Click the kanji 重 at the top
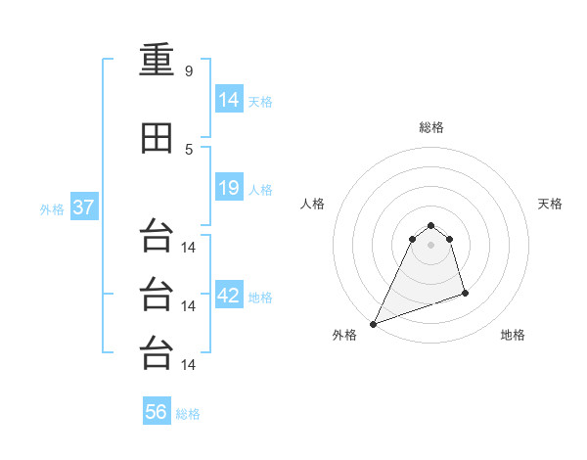pyautogui.click(x=157, y=59)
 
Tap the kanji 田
pyautogui.click(x=157, y=138)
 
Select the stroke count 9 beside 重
pyautogui.click(x=189, y=70)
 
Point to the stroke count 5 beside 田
pyautogui.click(x=189, y=150)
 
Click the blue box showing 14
pyautogui.click(x=229, y=98)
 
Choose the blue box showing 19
pyautogui.click(x=229, y=187)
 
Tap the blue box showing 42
pyautogui.click(x=229, y=294)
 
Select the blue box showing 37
pyautogui.click(x=84, y=207)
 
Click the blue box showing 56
pyautogui.click(x=157, y=410)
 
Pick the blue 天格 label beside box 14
pyautogui.click(x=260, y=102)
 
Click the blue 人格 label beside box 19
pyautogui.click(x=260, y=190)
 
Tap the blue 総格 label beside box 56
pyautogui.click(x=188, y=414)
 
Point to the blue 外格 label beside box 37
pyautogui.click(x=52, y=209)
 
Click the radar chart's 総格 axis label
pyautogui.click(x=431, y=127)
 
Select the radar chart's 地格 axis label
pyautogui.click(x=513, y=335)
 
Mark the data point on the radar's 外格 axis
pyautogui.click(x=374, y=324)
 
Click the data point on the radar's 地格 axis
pyautogui.click(x=465, y=293)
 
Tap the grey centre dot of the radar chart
pyautogui.click(x=430, y=245)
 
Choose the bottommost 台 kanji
pyautogui.click(x=157, y=352)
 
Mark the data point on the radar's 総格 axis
pyautogui.click(x=430, y=225)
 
